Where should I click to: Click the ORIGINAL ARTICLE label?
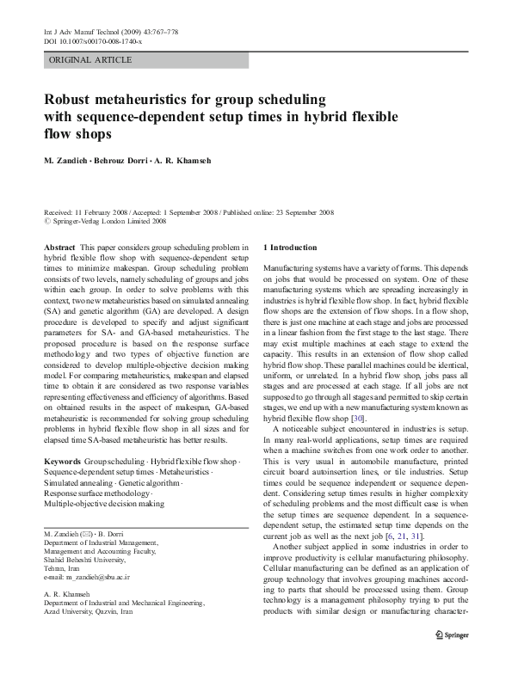point(90,60)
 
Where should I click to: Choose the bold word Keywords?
point(63,462)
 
